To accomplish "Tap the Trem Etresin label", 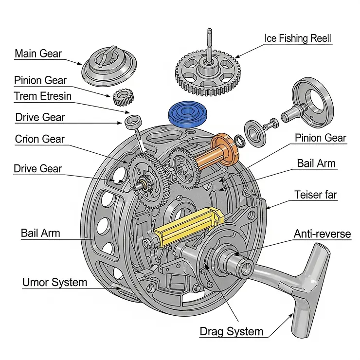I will coord(42,96).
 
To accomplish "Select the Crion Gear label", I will coord(39,139).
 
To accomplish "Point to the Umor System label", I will coord(54,282).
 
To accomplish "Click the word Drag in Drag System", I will coord(214,332).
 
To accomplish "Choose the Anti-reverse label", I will coord(322,234).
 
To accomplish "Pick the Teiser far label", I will coord(315,195).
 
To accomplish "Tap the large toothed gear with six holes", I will coord(208,74).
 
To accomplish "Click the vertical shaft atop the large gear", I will coord(208,44).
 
